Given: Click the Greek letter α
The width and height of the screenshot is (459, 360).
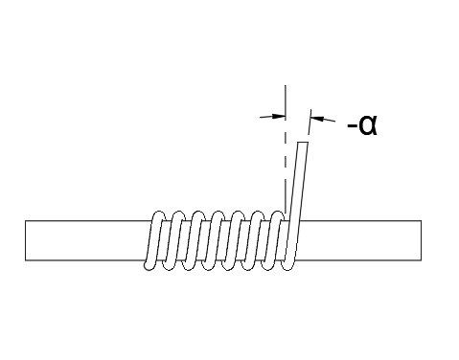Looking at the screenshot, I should click(367, 124).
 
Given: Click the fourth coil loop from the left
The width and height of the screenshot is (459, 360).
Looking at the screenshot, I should click(216, 239).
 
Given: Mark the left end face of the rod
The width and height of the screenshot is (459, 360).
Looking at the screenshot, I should click(26, 240).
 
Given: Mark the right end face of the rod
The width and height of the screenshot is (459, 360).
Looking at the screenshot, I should click(420, 240).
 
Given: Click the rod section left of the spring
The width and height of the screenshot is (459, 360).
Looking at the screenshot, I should click(86, 240).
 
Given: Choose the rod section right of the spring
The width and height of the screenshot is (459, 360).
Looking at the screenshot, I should click(359, 240).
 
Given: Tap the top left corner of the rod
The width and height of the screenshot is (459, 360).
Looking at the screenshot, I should click(26, 221).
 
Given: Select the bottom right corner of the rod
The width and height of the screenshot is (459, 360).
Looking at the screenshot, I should click(420, 259).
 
